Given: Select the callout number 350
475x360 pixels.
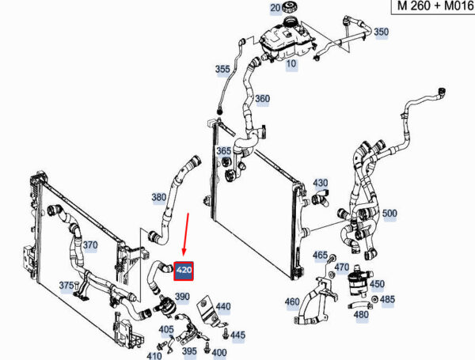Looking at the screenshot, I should click(381, 32).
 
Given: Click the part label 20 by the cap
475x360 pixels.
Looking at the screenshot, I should click(275, 8).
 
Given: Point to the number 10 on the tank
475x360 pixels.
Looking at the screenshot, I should click(291, 63).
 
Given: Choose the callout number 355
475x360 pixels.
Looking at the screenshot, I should click(222, 70).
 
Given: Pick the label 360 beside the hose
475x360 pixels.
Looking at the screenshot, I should click(262, 99).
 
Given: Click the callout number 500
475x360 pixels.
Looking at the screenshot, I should click(389, 214).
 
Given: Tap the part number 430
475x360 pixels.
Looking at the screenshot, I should click(320, 183).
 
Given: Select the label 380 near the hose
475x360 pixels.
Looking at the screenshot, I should click(158, 197).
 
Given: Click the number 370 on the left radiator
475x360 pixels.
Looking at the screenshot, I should click(90, 245).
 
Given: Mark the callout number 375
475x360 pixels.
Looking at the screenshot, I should click(66, 286).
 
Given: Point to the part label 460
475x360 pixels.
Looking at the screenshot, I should click(292, 301).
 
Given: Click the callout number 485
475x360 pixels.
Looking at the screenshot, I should click(387, 300).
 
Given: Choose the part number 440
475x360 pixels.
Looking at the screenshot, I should click(223, 306).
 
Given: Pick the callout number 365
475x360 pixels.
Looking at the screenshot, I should click(224, 150).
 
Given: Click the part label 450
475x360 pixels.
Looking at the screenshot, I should click(377, 284).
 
